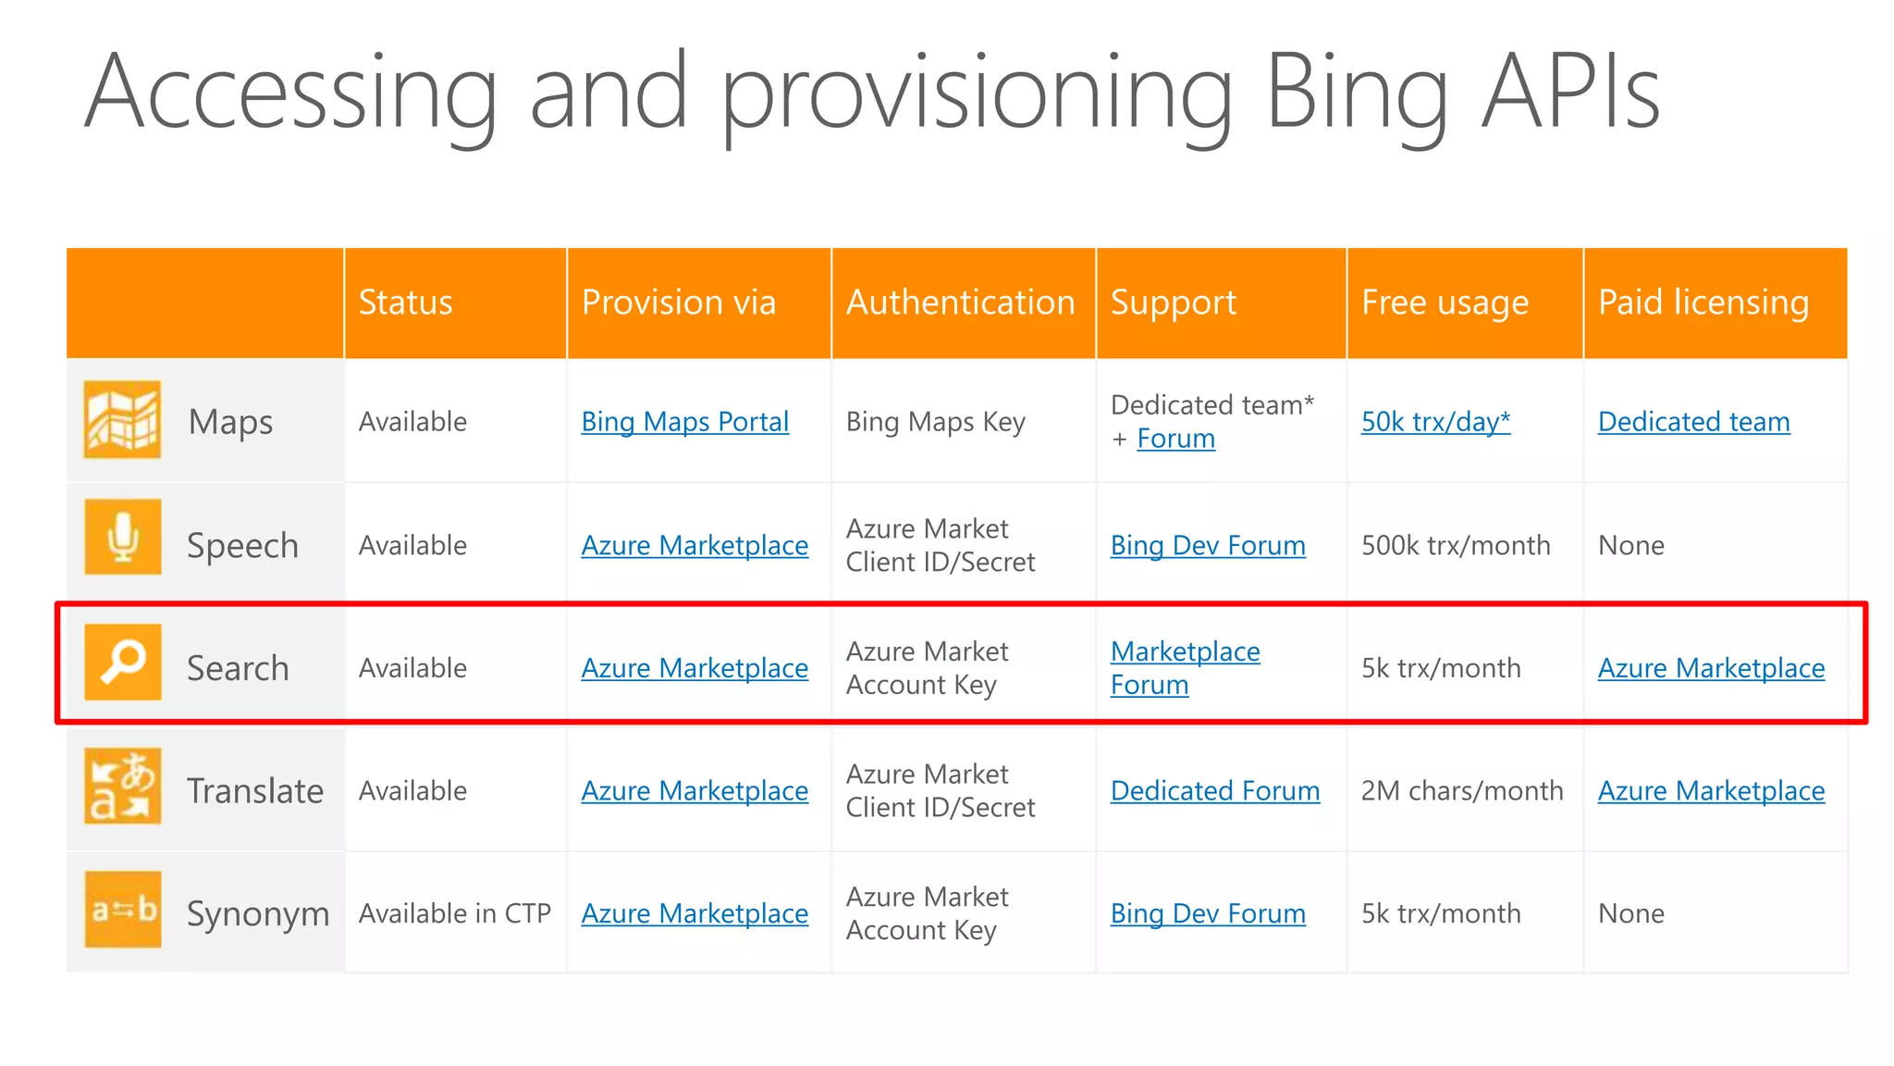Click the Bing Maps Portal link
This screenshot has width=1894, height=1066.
pyautogui.click(x=684, y=422)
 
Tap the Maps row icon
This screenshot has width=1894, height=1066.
pyautogui.click(x=122, y=420)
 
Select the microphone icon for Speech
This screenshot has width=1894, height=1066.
pyautogui.click(x=122, y=537)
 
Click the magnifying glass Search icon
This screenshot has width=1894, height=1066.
pyautogui.click(x=122, y=662)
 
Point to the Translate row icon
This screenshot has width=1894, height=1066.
pyautogui.click(x=122, y=786)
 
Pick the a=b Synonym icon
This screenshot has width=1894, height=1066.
pyautogui.click(x=122, y=910)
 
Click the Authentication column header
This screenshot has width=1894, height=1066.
pyautogui.click(x=960, y=303)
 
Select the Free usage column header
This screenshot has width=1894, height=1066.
pyautogui.click(x=1445, y=303)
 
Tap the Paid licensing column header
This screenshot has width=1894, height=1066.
pyautogui.click(x=1703, y=303)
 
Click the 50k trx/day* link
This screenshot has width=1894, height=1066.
pyautogui.click(x=1435, y=422)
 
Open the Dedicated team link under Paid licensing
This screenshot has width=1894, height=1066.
pyautogui.click(x=1693, y=422)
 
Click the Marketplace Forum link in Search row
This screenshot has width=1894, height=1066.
pyautogui.click(x=1184, y=668)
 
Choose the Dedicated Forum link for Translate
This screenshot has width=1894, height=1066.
pyautogui.click(x=1214, y=791)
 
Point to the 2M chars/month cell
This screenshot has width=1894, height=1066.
pyautogui.click(x=1461, y=791)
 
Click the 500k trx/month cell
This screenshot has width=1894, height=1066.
pyautogui.click(x=1456, y=546)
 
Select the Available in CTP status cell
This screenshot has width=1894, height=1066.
pyautogui.click(x=454, y=914)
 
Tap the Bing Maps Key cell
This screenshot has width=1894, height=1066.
pyautogui.click(x=935, y=422)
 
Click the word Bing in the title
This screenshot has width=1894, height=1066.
pyautogui.click(x=1356, y=93)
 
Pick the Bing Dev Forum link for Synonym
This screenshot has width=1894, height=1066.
pyautogui.click(x=1207, y=914)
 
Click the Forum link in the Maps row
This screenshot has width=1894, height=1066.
pyautogui.click(x=1175, y=439)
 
